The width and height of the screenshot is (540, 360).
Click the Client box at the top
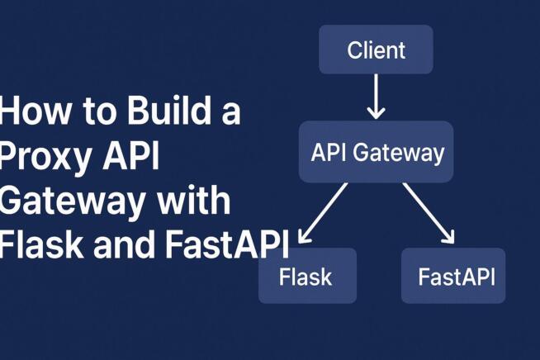(376, 50)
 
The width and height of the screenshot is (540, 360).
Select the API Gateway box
(376, 152)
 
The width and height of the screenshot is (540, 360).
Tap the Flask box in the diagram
(307, 276)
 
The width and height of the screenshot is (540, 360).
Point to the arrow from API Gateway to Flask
(323, 214)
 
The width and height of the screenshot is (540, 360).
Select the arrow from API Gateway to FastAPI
(429, 213)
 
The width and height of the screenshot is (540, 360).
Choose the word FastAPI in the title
(228, 246)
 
